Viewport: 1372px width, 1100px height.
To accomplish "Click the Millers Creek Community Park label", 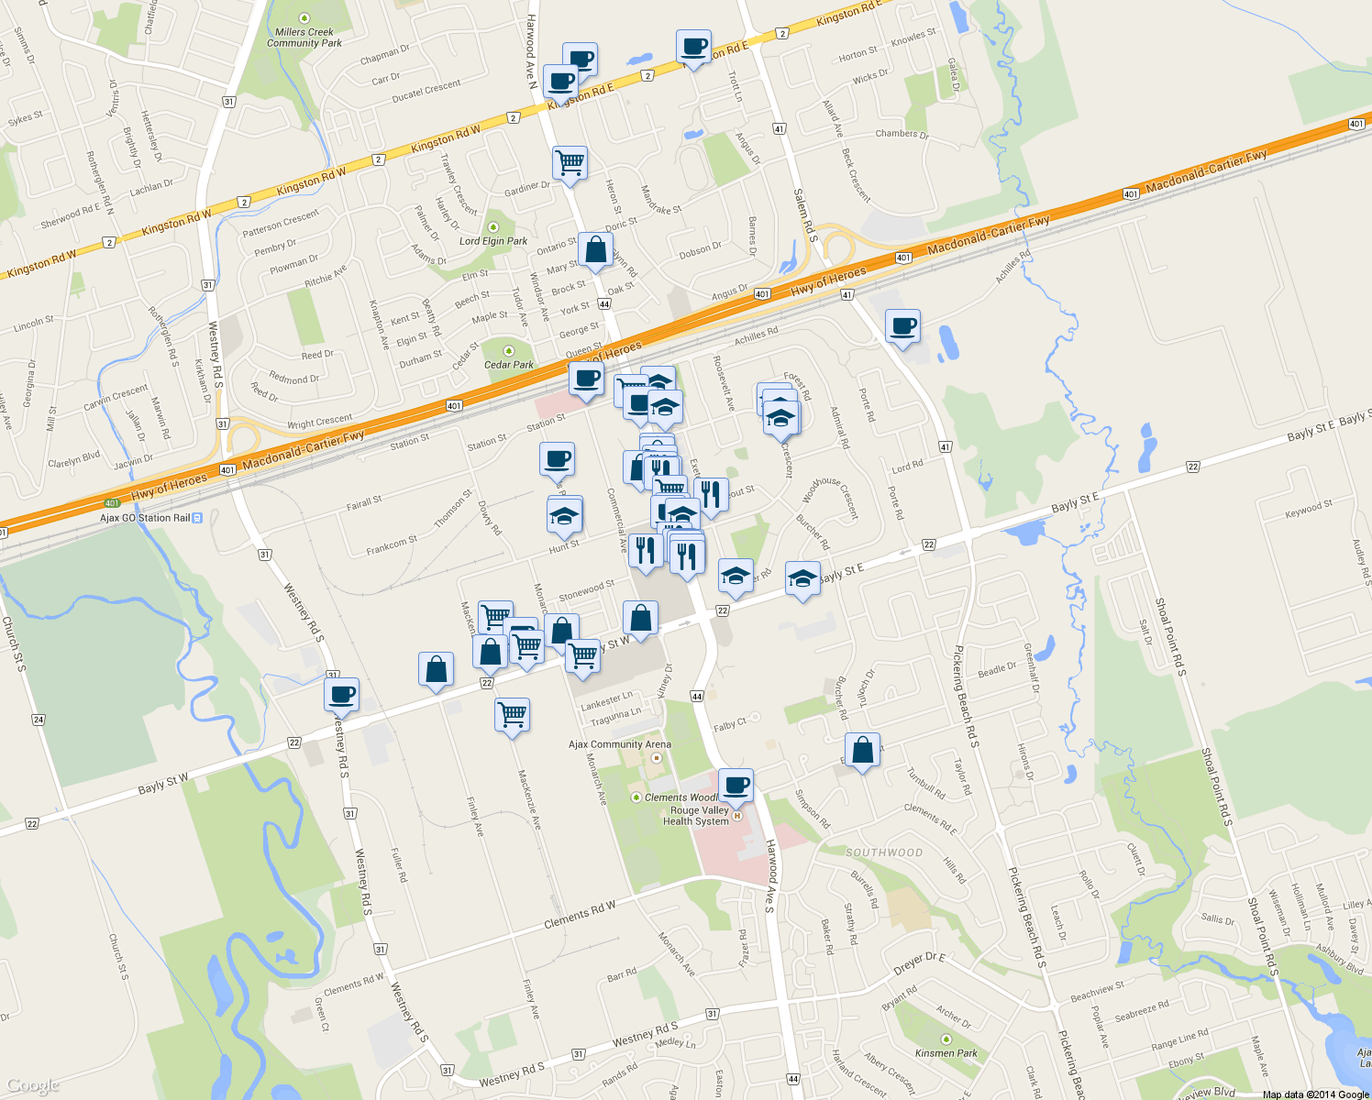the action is (x=304, y=37).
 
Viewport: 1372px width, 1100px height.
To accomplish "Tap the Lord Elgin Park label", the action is (x=493, y=240).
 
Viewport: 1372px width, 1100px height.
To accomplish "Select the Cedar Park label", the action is (x=509, y=364).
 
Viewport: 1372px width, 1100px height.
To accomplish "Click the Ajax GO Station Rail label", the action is (x=145, y=518).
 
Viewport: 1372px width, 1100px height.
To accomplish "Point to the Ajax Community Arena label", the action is (x=620, y=744).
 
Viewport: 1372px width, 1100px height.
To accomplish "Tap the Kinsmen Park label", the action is (x=946, y=1053).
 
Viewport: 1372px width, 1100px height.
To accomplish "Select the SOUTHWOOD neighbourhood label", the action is (x=884, y=852).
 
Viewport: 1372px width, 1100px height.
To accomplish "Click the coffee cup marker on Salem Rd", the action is (x=902, y=326).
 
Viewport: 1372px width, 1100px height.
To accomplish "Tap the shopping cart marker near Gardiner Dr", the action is (x=570, y=164).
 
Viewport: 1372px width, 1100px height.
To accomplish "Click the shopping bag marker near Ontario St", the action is (x=595, y=249).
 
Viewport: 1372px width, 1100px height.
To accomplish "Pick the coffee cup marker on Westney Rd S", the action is (x=341, y=694).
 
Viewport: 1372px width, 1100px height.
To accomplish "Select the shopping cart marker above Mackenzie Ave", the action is (x=512, y=714).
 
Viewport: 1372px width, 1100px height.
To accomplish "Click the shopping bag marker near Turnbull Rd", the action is (x=862, y=751).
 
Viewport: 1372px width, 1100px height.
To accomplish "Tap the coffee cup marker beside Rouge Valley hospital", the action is (x=736, y=786).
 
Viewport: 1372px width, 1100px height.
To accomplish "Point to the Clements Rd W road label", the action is (x=580, y=914).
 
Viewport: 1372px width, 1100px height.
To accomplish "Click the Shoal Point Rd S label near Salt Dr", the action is (x=1170, y=637).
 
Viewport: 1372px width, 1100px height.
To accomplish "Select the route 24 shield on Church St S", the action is (x=39, y=720).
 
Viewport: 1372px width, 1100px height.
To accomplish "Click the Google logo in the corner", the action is (x=32, y=1085).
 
